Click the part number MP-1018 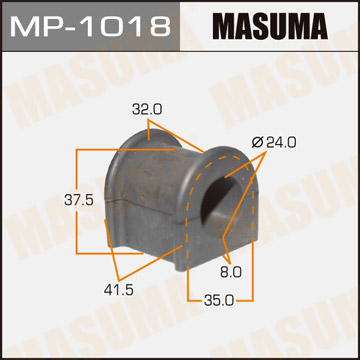90,25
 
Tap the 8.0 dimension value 230,270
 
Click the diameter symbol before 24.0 257,142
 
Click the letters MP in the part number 36,25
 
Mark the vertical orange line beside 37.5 78,199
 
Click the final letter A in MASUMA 333,25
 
